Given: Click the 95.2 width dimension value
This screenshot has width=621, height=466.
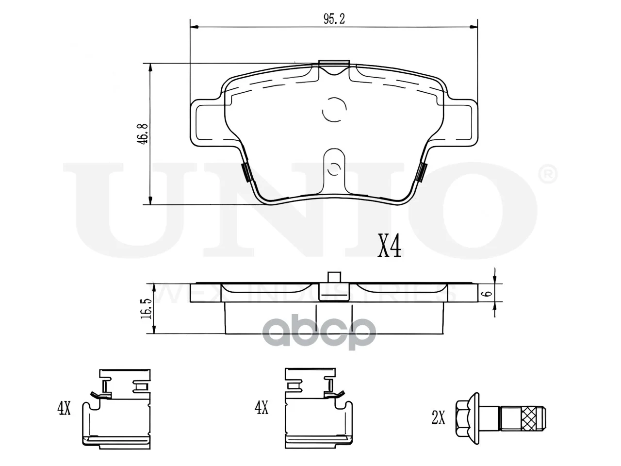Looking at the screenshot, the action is [334, 19].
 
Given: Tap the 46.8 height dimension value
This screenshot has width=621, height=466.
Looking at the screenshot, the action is [143, 134].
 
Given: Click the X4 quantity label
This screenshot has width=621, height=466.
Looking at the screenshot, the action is [389, 249].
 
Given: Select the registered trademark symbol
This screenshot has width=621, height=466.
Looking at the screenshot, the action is [548, 174].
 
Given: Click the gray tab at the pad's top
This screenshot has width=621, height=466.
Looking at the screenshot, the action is [334, 64].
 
